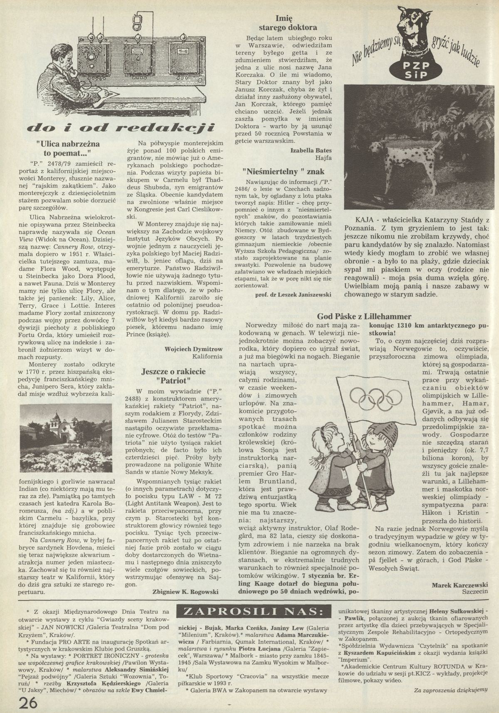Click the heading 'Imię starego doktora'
[288, 23]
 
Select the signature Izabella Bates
[309, 150]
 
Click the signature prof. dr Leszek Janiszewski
[293, 294]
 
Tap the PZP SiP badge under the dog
[416, 72]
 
